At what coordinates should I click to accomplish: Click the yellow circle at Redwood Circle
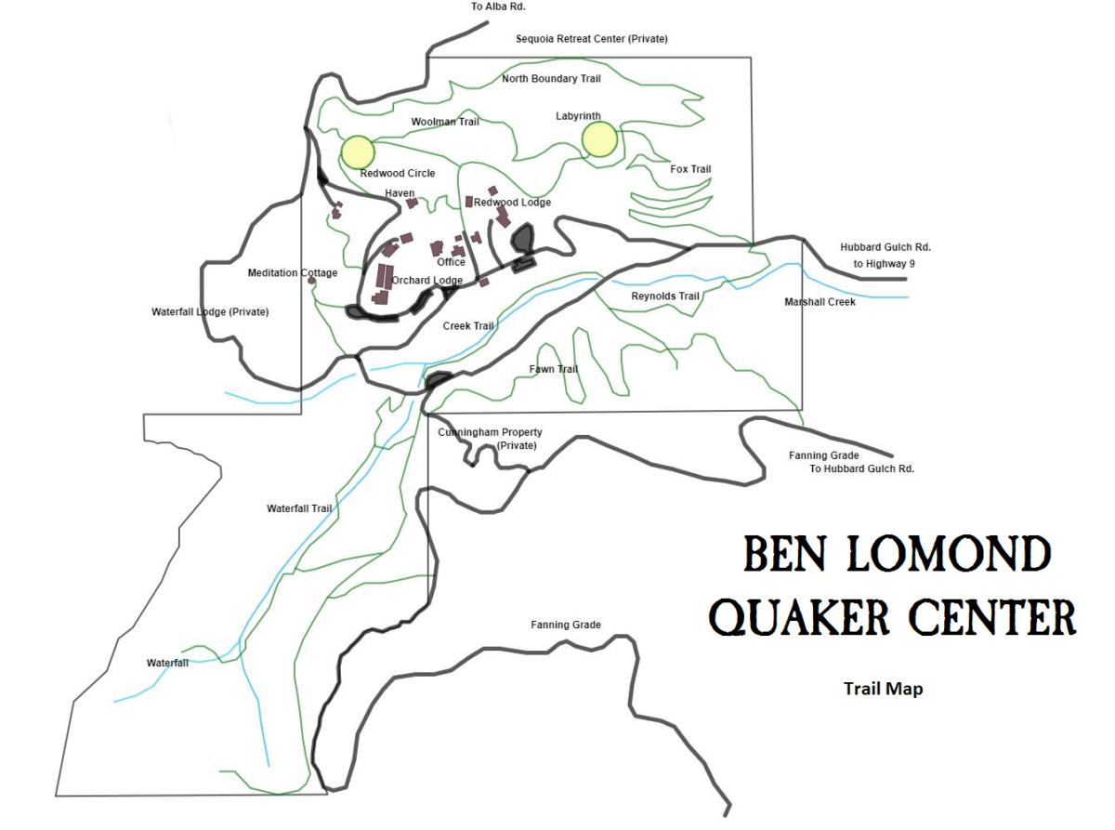pos(358,152)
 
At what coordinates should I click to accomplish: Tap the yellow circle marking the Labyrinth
pos(599,139)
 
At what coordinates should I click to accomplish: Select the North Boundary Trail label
pos(552,79)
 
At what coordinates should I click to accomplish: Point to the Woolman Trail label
pos(445,122)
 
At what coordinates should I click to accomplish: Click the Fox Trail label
pos(690,169)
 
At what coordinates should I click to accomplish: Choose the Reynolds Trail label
pos(664,296)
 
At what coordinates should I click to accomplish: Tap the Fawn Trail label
pos(554,369)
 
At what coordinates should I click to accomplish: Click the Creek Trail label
pos(468,325)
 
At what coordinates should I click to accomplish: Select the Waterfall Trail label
pos(299,508)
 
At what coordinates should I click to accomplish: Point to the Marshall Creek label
pos(820,302)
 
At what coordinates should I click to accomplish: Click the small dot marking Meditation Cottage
pos(312,280)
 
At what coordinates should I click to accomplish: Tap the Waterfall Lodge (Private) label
pos(210,312)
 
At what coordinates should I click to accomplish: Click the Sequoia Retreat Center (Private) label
pos(592,39)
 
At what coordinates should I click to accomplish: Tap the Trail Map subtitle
pos(883,689)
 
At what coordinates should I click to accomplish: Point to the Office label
pos(451,262)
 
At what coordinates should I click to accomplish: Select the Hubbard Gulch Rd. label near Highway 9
pos(885,248)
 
